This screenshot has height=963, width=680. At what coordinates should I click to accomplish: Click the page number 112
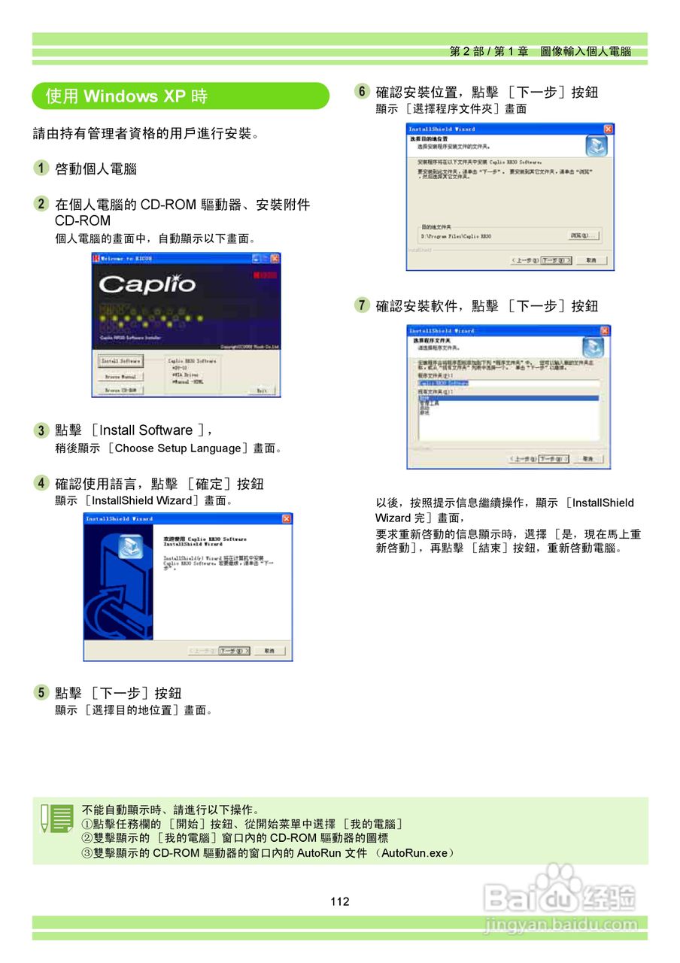[x=340, y=901]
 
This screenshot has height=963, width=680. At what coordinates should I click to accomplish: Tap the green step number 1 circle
[x=41, y=169]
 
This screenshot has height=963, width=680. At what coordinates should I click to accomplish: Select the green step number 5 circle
[x=41, y=693]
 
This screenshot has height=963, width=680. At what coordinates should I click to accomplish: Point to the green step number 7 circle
[x=363, y=305]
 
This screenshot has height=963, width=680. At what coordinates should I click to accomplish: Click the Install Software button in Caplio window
[x=120, y=361]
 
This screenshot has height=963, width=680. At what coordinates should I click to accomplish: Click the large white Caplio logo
[x=147, y=284]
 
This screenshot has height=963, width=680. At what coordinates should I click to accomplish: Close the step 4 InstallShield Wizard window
[x=287, y=519]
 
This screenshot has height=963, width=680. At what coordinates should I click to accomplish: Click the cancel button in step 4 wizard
[x=269, y=651]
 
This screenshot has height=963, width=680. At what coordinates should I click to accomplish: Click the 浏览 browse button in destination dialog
[x=583, y=235]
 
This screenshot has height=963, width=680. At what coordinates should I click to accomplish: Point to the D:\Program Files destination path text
[x=456, y=236]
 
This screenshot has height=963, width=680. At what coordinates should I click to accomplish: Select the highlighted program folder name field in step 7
[x=444, y=382]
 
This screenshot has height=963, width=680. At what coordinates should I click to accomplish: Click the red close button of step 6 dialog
[x=608, y=129]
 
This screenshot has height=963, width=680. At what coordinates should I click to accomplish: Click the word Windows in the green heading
[x=120, y=96]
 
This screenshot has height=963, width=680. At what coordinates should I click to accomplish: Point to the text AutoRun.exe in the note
[x=417, y=853]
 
